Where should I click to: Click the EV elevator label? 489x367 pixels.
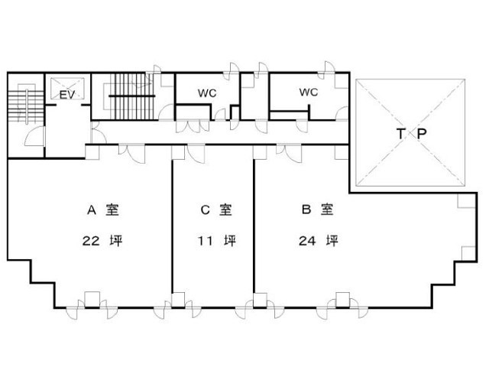[x=67, y=95]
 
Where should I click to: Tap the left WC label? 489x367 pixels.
[x=207, y=93]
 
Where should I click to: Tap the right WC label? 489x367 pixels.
[x=309, y=92]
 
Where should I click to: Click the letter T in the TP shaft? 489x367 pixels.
[x=400, y=134]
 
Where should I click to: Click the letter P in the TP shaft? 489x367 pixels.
[x=421, y=134]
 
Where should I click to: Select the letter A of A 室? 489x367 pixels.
[x=92, y=210]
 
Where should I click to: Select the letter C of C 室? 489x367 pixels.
[x=205, y=210]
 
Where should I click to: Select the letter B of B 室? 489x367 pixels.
[x=306, y=209]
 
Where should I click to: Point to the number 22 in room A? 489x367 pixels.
[x=91, y=241]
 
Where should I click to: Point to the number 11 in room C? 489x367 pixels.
[x=206, y=241]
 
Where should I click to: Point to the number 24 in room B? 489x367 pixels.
[x=307, y=241]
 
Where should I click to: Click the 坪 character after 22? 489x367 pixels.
[x=116, y=241]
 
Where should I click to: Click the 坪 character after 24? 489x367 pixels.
[x=332, y=241]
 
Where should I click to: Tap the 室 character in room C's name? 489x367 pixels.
[x=225, y=209]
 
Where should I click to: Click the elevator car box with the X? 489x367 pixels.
[x=67, y=89]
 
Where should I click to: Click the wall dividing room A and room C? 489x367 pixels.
[x=172, y=226]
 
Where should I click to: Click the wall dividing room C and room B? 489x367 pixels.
[x=254, y=226]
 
